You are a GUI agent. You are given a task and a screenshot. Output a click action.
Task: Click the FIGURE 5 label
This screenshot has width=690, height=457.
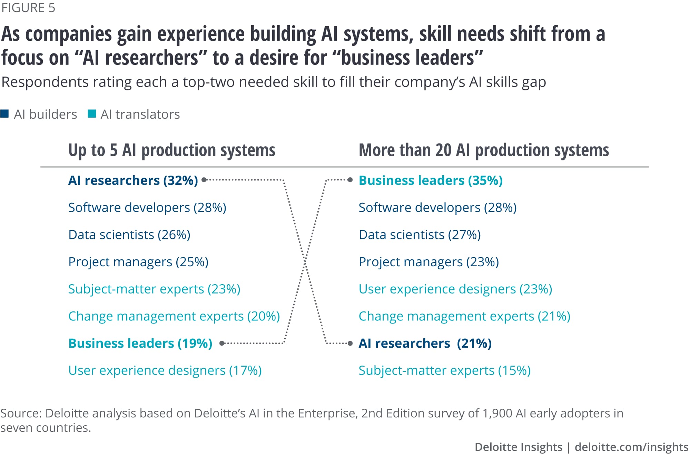pyautogui.click(x=28, y=8)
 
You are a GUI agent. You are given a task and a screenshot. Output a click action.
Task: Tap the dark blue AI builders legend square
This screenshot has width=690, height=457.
pyautogui.click(x=4, y=114)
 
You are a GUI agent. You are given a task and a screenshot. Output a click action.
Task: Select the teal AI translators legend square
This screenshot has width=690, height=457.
pyautogui.click(x=92, y=114)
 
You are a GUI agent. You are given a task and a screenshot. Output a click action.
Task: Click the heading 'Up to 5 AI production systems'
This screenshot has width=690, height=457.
pyautogui.click(x=172, y=150)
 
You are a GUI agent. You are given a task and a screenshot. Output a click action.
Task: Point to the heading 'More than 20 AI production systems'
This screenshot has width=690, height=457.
pyautogui.click(x=484, y=150)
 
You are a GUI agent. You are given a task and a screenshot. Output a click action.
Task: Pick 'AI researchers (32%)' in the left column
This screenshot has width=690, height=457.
pyautogui.click(x=133, y=180)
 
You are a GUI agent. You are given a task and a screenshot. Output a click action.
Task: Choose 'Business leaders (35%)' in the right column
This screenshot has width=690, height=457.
pyautogui.click(x=431, y=180)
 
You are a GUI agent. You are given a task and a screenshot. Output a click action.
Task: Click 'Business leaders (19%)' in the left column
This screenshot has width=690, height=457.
pyautogui.click(x=140, y=343)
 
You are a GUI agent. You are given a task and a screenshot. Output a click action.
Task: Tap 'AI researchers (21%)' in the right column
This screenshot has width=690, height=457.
pyautogui.click(x=425, y=343)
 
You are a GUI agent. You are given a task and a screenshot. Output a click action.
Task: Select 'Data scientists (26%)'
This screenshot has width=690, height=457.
pyautogui.click(x=129, y=235)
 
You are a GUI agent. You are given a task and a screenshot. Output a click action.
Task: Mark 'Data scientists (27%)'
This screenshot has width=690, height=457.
pyautogui.click(x=420, y=235)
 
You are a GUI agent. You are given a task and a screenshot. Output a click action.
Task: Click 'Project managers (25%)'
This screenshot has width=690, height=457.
pyautogui.click(x=138, y=262)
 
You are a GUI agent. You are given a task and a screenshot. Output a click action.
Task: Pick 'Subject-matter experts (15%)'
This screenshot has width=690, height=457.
pyautogui.click(x=444, y=370)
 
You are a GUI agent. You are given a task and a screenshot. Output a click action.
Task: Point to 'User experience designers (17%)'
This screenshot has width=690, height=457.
pyautogui.click(x=165, y=370)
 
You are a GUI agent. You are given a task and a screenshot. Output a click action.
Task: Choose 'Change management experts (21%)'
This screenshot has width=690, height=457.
pyautogui.click(x=464, y=316)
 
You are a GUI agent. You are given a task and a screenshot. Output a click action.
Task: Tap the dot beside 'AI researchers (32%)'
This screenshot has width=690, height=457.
pyautogui.click(x=204, y=180)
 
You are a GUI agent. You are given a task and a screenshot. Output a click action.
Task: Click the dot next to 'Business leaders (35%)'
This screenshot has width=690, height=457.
pyautogui.click(x=350, y=180)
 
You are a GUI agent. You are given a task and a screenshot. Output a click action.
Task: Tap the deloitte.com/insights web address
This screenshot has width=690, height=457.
pyautogui.click(x=631, y=447)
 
